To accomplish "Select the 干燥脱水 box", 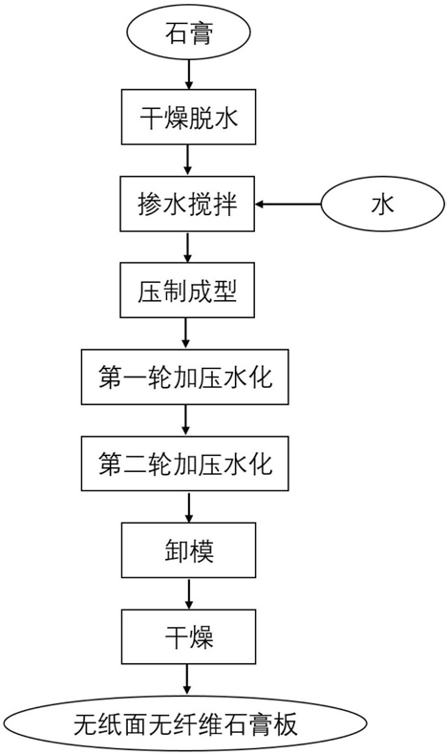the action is coord(188,117).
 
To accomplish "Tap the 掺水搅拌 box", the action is coord(187,204).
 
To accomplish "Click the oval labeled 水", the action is coord(383,205).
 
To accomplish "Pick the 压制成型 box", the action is coord(187,290).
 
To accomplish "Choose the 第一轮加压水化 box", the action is coord(185,377).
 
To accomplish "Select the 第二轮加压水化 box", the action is coord(185,463).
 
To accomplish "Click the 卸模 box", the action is coord(188,550).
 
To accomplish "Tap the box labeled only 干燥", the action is coord(188,636).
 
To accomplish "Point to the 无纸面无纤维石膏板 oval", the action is coord(185,724).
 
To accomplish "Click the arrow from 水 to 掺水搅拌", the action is coord(287,205).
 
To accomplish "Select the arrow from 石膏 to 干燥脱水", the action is coord(189,75).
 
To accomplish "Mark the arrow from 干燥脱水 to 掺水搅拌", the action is coord(188,161).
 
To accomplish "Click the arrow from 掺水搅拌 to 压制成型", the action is coord(188,247).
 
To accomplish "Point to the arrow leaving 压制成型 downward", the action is coord(187,334).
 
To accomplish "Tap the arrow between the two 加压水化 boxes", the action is coord(186,420).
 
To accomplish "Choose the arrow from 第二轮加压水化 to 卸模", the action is coord(189,506).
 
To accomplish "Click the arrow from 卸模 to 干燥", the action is coord(189,593).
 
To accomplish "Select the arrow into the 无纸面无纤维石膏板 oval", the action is coord(188,680).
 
